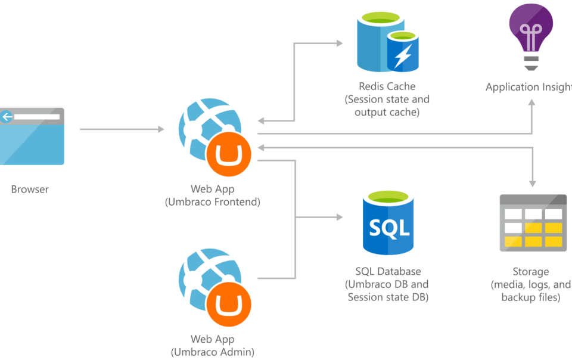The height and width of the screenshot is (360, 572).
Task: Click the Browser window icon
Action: [32, 136]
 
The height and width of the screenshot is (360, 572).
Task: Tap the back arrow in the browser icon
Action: [7, 117]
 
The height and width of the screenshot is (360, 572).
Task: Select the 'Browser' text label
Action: [30, 190]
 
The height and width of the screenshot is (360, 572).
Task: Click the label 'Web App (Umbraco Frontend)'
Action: [213, 195]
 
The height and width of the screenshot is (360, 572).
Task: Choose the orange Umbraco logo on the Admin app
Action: [229, 305]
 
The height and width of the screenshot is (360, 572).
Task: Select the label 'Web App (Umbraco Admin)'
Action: [213, 346]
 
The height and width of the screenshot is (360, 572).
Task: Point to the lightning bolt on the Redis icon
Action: [403, 57]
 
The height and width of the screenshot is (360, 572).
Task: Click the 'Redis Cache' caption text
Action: [387, 86]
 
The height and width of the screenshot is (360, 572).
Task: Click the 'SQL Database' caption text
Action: [388, 271]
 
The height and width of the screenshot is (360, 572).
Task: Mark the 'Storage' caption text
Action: [530, 271]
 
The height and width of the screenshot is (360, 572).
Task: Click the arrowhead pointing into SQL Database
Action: [339, 217]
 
